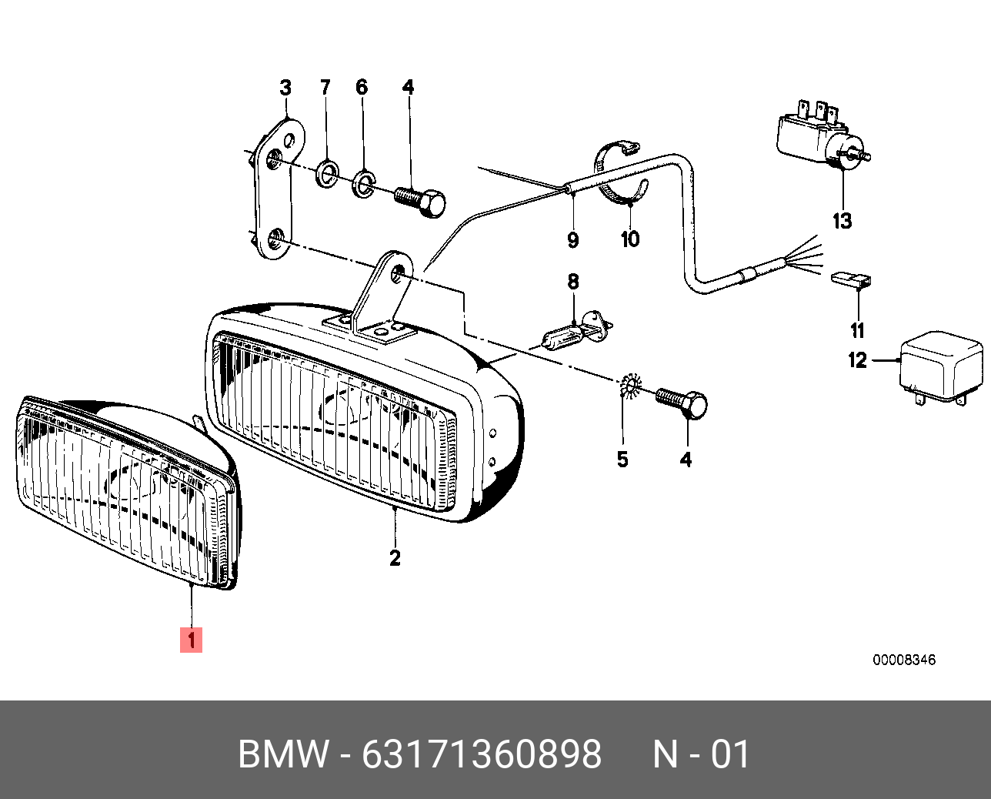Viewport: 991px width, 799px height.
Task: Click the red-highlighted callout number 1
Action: tap(191, 640)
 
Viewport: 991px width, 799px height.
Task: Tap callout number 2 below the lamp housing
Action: tap(395, 557)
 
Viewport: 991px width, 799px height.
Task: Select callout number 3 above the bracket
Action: tap(285, 88)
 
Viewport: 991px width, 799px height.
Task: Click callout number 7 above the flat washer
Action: tap(325, 88)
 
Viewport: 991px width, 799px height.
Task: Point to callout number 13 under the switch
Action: tap(843, 221)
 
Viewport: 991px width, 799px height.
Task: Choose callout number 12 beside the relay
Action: tap(857, 360)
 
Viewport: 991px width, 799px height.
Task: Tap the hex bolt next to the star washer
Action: tap(684, 403)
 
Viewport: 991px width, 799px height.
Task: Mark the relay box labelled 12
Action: tap(941, 367)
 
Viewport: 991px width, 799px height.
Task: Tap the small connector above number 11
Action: tap(852, 279)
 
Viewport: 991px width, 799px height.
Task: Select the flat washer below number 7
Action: tap(329, 173)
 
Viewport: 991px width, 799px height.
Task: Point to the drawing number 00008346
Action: tap(904, 660)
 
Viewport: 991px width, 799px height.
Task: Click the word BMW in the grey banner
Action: tap(283, 754)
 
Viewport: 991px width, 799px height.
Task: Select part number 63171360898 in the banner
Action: tap(482, 754)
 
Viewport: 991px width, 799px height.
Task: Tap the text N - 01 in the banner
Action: tap(701, 754)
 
